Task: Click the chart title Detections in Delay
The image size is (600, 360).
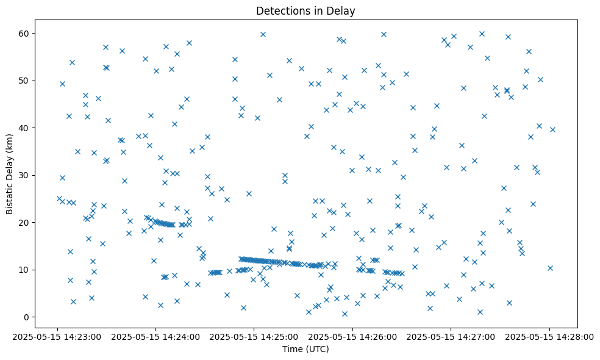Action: pyautogui.click(x=305, y=11)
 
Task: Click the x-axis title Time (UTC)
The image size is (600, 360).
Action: pyautogui.click(x=305, y=349)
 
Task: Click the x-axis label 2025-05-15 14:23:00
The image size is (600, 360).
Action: pyautogui.click(x=57, y=336)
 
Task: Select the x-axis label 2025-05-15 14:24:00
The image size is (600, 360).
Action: pyautogui.click(x=155, y=336)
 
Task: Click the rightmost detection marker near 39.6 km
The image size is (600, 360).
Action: pyautogui.click(x=552, y=129)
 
